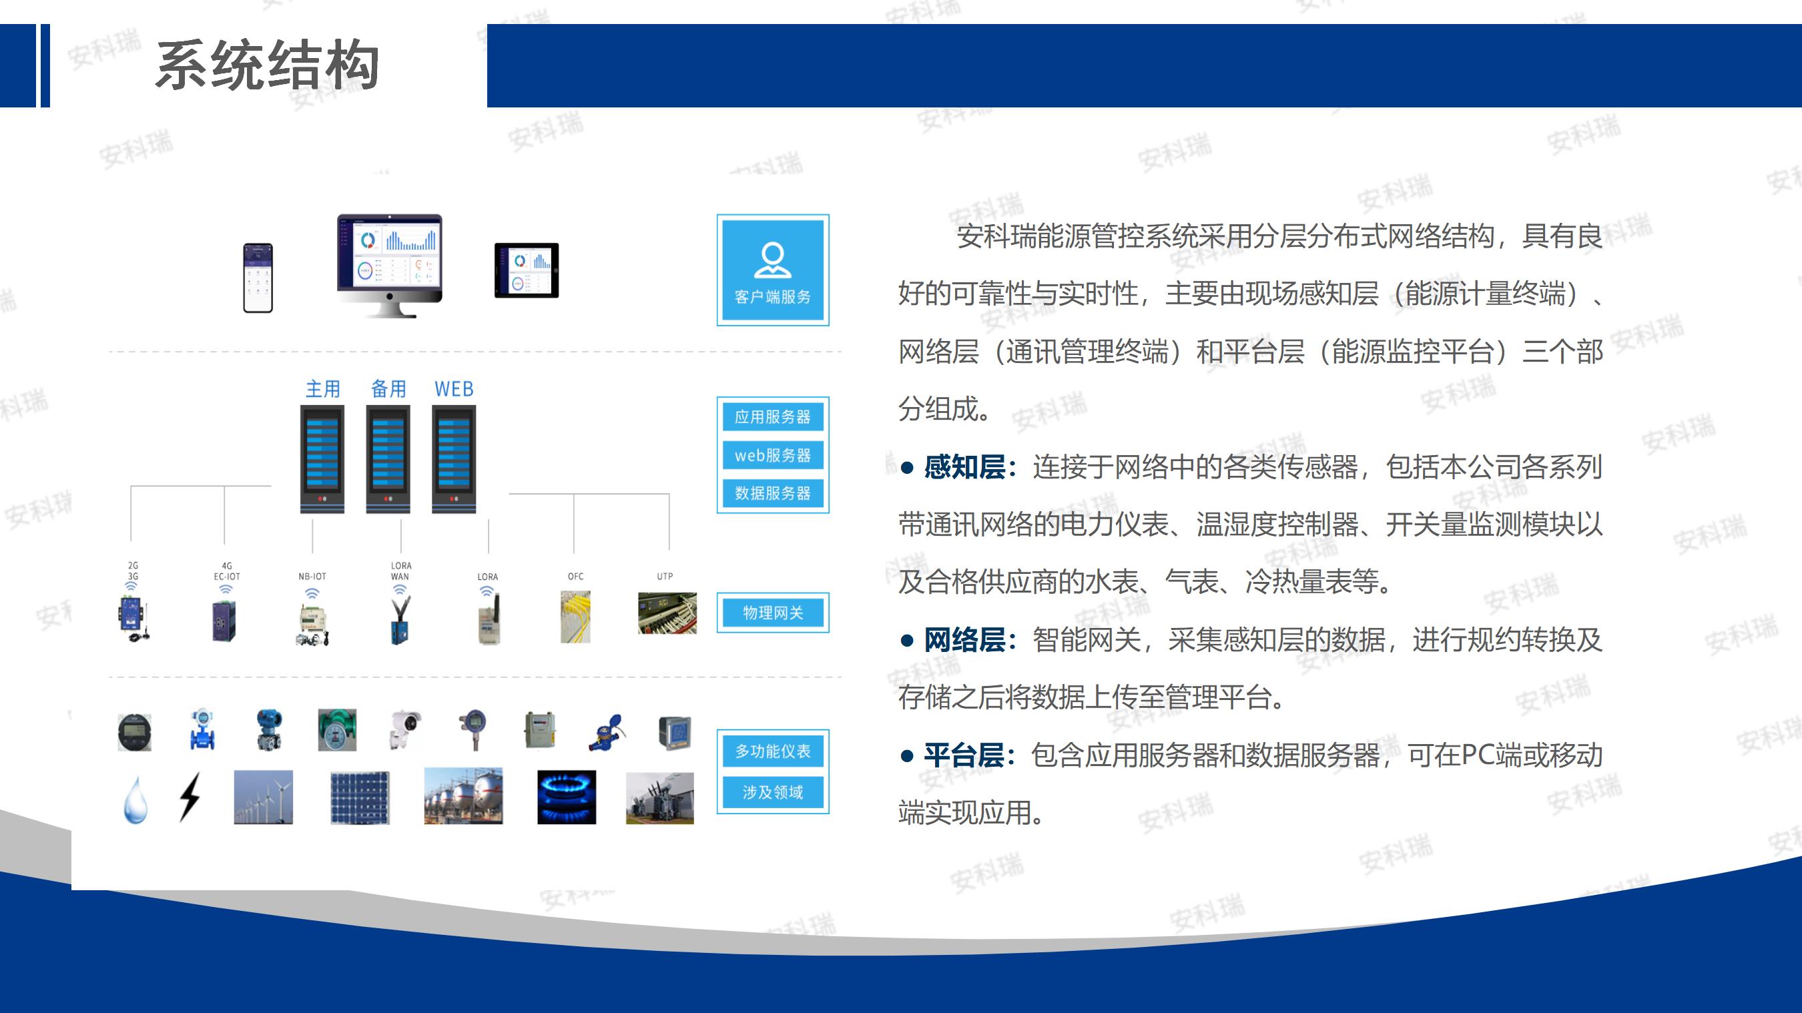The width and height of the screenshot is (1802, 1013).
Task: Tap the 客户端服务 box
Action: [772, 270]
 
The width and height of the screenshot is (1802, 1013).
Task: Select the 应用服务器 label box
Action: [772, 417]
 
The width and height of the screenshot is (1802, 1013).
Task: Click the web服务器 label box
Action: [772, 454]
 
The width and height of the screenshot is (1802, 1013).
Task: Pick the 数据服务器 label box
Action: [772, 493]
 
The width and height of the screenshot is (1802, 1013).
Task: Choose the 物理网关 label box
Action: [772, 613]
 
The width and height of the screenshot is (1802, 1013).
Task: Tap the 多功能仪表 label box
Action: [772, 751]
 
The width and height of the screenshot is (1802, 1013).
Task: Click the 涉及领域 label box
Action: [772, 792]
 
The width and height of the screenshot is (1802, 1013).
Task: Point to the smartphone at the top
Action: [258, 278]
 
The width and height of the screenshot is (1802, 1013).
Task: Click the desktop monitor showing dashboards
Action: [390, 266]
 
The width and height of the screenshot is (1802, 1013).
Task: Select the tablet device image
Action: [527, 270]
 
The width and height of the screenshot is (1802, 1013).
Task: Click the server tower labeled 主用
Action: [322, 459]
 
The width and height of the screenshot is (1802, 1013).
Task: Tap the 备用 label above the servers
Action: [388, 388]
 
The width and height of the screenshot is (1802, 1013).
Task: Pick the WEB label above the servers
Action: [454, 388]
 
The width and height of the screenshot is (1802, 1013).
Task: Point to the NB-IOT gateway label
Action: [312, 577]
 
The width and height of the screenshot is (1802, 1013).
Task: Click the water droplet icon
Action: [135, 799]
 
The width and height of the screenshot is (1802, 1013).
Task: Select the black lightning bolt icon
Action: [190, 797]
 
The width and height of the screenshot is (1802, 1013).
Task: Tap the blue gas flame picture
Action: [567, 797]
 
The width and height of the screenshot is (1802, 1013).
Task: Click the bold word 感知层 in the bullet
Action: [964, 466]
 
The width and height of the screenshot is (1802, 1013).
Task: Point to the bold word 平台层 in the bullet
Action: [964, 755]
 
